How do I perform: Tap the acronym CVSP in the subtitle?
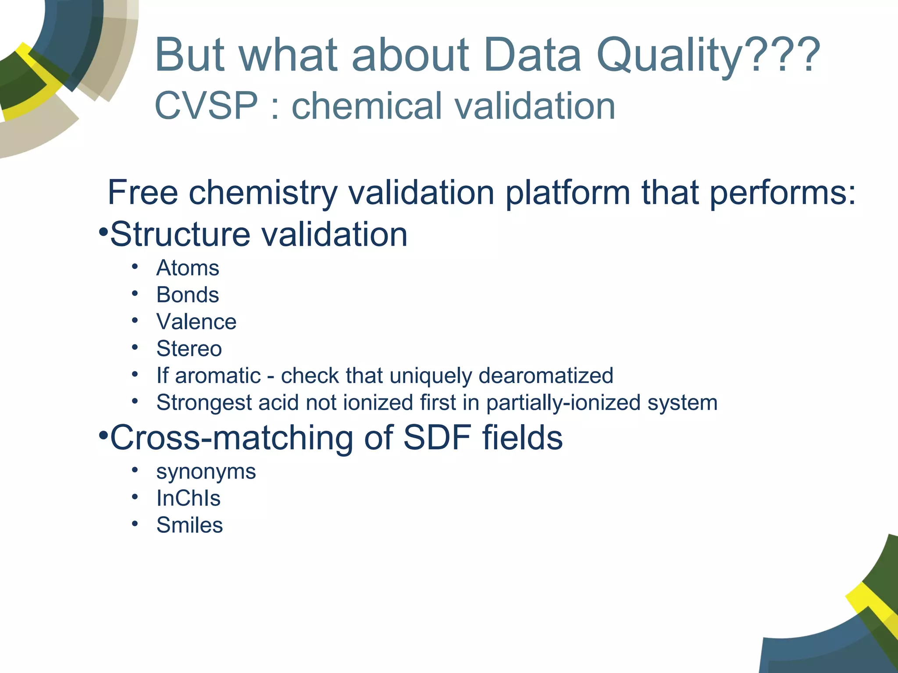point(206,106)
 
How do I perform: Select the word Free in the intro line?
point(143,192)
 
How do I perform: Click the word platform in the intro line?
point(567,193)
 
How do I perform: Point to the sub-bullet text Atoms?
point(188,268)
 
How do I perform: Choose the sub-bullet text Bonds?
point(188,295)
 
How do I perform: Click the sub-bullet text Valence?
point(196,322)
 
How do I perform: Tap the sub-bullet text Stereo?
point(189,349)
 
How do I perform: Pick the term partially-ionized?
point(563,403)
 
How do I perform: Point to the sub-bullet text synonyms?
point(206,472)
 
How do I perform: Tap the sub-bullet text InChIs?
point(189,499)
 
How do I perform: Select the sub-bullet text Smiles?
point(189,525)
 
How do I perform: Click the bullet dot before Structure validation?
point(103,231)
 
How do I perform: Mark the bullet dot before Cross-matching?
point(103,435)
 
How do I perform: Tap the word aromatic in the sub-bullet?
point(217,376)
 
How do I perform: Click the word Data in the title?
point(532,56)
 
